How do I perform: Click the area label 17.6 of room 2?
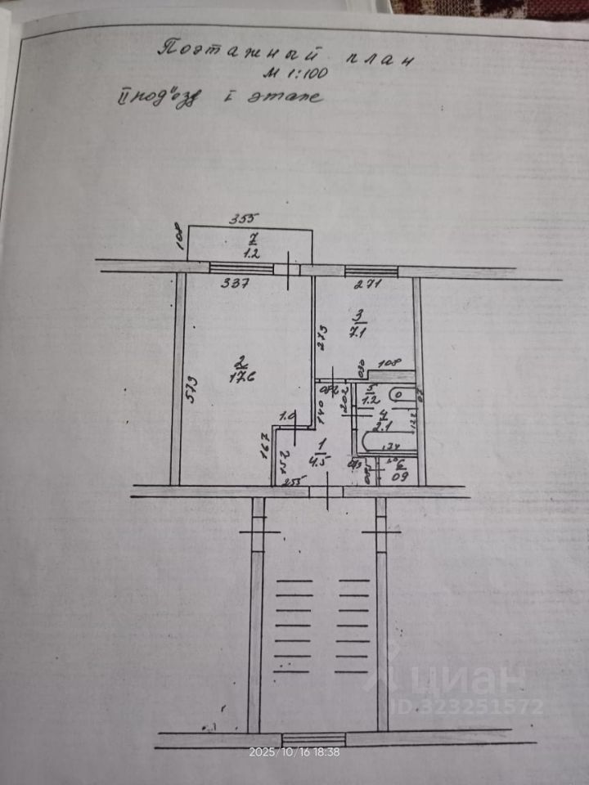pos(240,377)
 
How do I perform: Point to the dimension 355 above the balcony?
pos(242,218)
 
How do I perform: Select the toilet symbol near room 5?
pos(398,395)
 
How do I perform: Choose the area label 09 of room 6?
pos(401,475)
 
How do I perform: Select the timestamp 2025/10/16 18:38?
pos(294,751)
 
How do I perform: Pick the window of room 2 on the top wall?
pos(241,267)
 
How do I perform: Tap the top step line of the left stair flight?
pos(294,581)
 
